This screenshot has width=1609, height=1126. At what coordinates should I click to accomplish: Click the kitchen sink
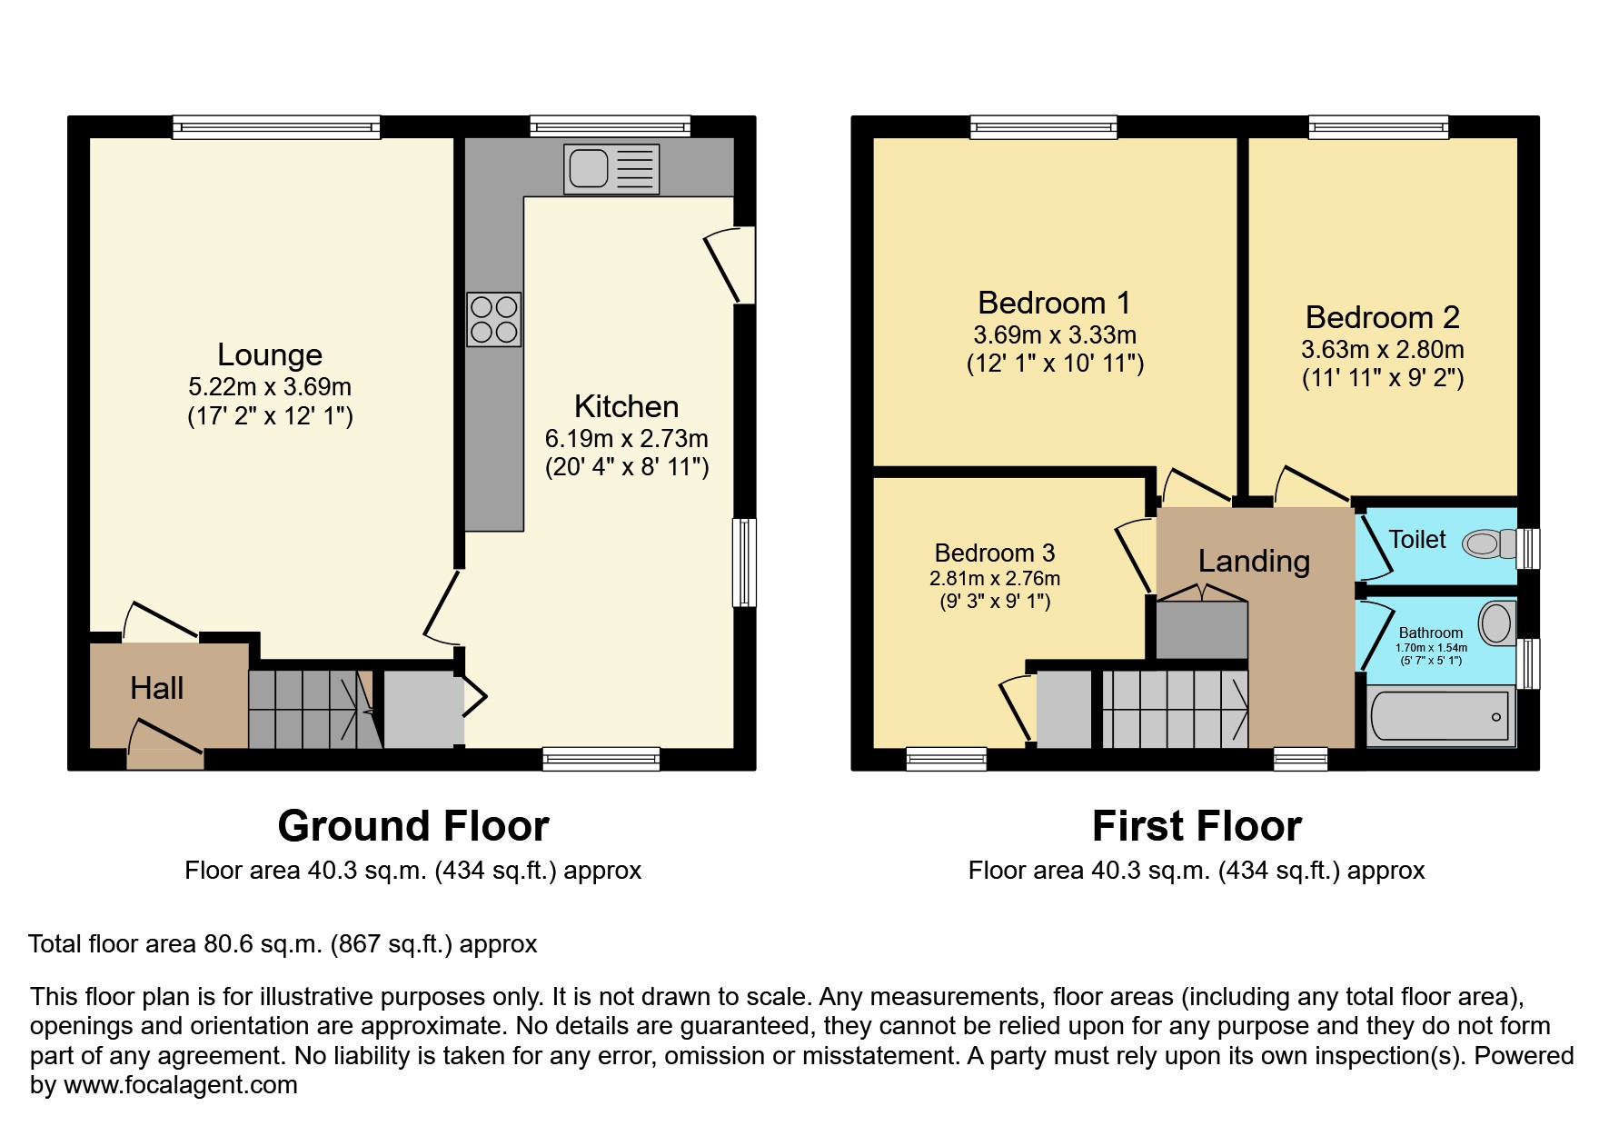pyautogui.click(x=611, y=169)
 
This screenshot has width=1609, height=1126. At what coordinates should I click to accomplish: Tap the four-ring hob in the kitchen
pyautogui.click(x=493, y=319)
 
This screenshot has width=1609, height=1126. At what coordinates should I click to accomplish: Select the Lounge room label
pyautogui.click(x=270, y=354)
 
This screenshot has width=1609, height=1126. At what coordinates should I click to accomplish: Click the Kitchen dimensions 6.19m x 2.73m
pyautogui.click(x=626, y=438)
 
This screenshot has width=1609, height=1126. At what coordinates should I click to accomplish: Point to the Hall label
pyautogui.click(x=156, y=688)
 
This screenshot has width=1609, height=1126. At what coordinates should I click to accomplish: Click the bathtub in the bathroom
pyautogui.click(x=1440, y=718)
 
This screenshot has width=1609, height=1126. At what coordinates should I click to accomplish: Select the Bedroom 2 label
pyautogui.click(x=1382, y=317)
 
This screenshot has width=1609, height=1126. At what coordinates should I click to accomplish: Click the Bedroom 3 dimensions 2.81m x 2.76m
pyautogui.click(x=994, y=578)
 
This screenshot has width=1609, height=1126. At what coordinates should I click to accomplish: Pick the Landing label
pyautogui.click(x=1254, y=561)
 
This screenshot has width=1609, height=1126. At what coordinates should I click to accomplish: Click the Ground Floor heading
pyautogui.click(x=413, y=826)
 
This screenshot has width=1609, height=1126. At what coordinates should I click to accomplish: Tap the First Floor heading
pyautogui.click(x=1197, y=826)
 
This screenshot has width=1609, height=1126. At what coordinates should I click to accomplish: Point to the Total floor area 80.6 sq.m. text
pyautogui.click(x=283, y=944)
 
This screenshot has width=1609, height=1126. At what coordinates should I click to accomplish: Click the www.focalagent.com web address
pyautogui.click(x=180, y=1085)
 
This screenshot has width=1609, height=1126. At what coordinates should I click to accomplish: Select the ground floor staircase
pyautogui.click(x=309, y=709)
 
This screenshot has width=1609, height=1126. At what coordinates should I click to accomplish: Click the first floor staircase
pyautogui.click(x=1174, y=709)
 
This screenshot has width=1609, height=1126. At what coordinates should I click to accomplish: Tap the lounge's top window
pyautogui.click(x=276, y=127)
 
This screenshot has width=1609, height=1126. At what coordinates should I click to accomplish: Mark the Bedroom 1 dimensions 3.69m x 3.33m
pyautogui.click(x=1054, y=334)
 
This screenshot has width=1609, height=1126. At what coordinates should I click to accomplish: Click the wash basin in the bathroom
pyautogui.click(x=1495, y=623)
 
